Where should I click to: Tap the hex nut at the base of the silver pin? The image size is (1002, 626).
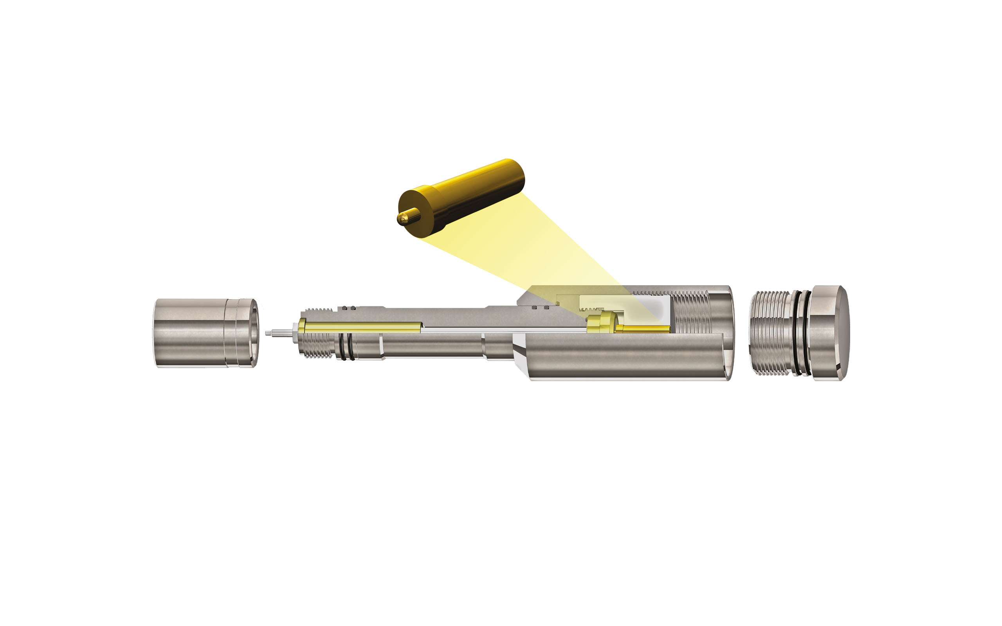(x=294, y=334)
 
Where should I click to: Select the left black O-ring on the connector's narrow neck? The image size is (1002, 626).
(x=342, y=346)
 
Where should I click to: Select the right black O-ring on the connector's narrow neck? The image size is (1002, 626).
(x=351, y=346)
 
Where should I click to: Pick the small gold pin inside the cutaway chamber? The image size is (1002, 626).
(x=642, y=329)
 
